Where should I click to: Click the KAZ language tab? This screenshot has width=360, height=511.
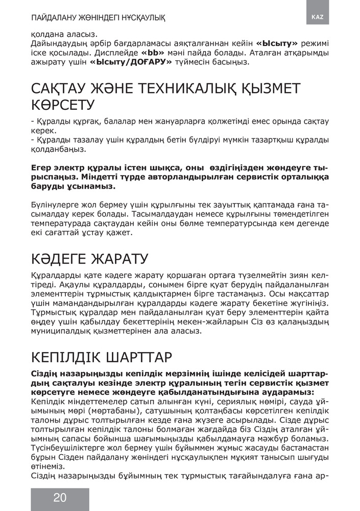[x=317, y=17]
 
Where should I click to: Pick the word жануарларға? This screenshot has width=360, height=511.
[x=190, y=122]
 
